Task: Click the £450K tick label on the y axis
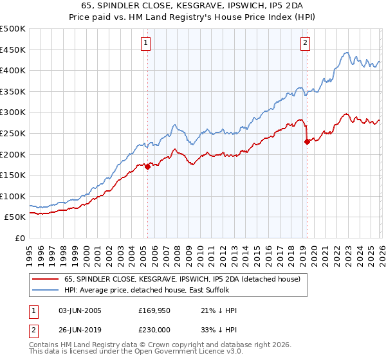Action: pyautogui.click(x=13, y=50)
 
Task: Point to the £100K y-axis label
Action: pyautogui.click(x=13, y=196)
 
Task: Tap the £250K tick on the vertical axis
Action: pyautogui.click(x=13, y=133)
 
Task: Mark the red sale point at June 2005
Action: pyautogui.click(x=147, y=166)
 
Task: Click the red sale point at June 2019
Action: pyautogui.click(x=307, y=142)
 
